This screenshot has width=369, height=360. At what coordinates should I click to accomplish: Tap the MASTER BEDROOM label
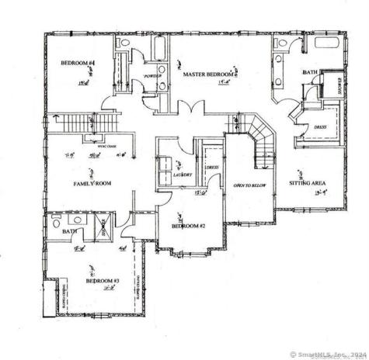point(210,74)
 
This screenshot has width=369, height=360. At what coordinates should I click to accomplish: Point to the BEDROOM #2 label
point(188,226)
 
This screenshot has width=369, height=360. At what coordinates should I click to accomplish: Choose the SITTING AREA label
point(306,182)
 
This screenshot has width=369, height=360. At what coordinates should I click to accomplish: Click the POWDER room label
point(151,75)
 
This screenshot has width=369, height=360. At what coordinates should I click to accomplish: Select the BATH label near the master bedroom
point(309,72)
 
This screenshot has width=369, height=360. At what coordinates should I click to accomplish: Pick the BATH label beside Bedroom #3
point(69,230)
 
